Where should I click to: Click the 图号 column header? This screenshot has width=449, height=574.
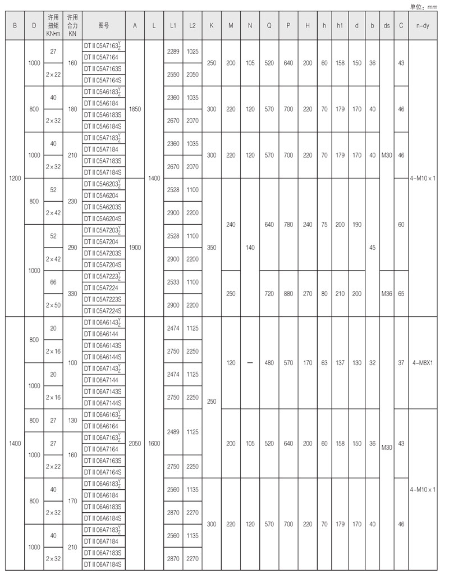tap(103, 25)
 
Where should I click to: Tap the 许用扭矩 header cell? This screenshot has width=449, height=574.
tap(53, 25)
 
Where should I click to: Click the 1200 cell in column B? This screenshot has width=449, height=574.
tap(15, 178)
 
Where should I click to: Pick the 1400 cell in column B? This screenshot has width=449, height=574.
tap(15, 443)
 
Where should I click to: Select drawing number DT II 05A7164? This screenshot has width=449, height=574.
tap(101, 57)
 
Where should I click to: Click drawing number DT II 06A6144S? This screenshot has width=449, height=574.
tap(103, 357)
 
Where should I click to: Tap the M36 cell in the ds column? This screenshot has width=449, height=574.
tap(387, 293)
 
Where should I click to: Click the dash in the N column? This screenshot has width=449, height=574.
tap(250, 363)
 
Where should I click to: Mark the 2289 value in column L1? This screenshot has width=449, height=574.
tap(173, 51)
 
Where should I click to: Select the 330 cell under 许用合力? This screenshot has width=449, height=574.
tap(72, 293)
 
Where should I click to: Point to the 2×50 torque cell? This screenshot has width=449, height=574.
tap(53, 304)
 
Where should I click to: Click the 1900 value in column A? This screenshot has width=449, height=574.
tap(135, 247)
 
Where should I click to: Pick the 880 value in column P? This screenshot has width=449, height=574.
tap(288, 293)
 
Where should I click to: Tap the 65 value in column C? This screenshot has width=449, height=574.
tap(401, 293)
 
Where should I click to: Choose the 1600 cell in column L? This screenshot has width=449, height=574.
tap(154, 443)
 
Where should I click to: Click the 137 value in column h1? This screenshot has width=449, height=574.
tap(340, 363)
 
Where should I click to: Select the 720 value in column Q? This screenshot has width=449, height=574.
tap(269, 293)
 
